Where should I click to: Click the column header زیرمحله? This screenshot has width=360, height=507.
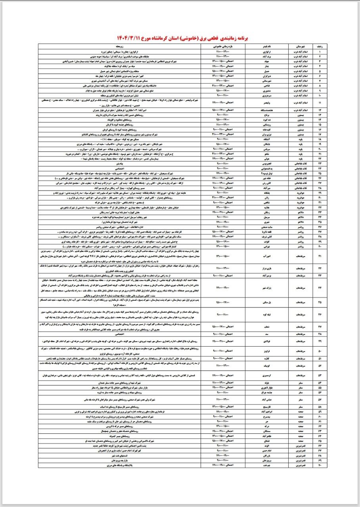[x=119, y=45]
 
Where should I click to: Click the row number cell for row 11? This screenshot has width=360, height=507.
[x=320, y=103]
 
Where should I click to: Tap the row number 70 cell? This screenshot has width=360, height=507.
[x=320, y=465]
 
